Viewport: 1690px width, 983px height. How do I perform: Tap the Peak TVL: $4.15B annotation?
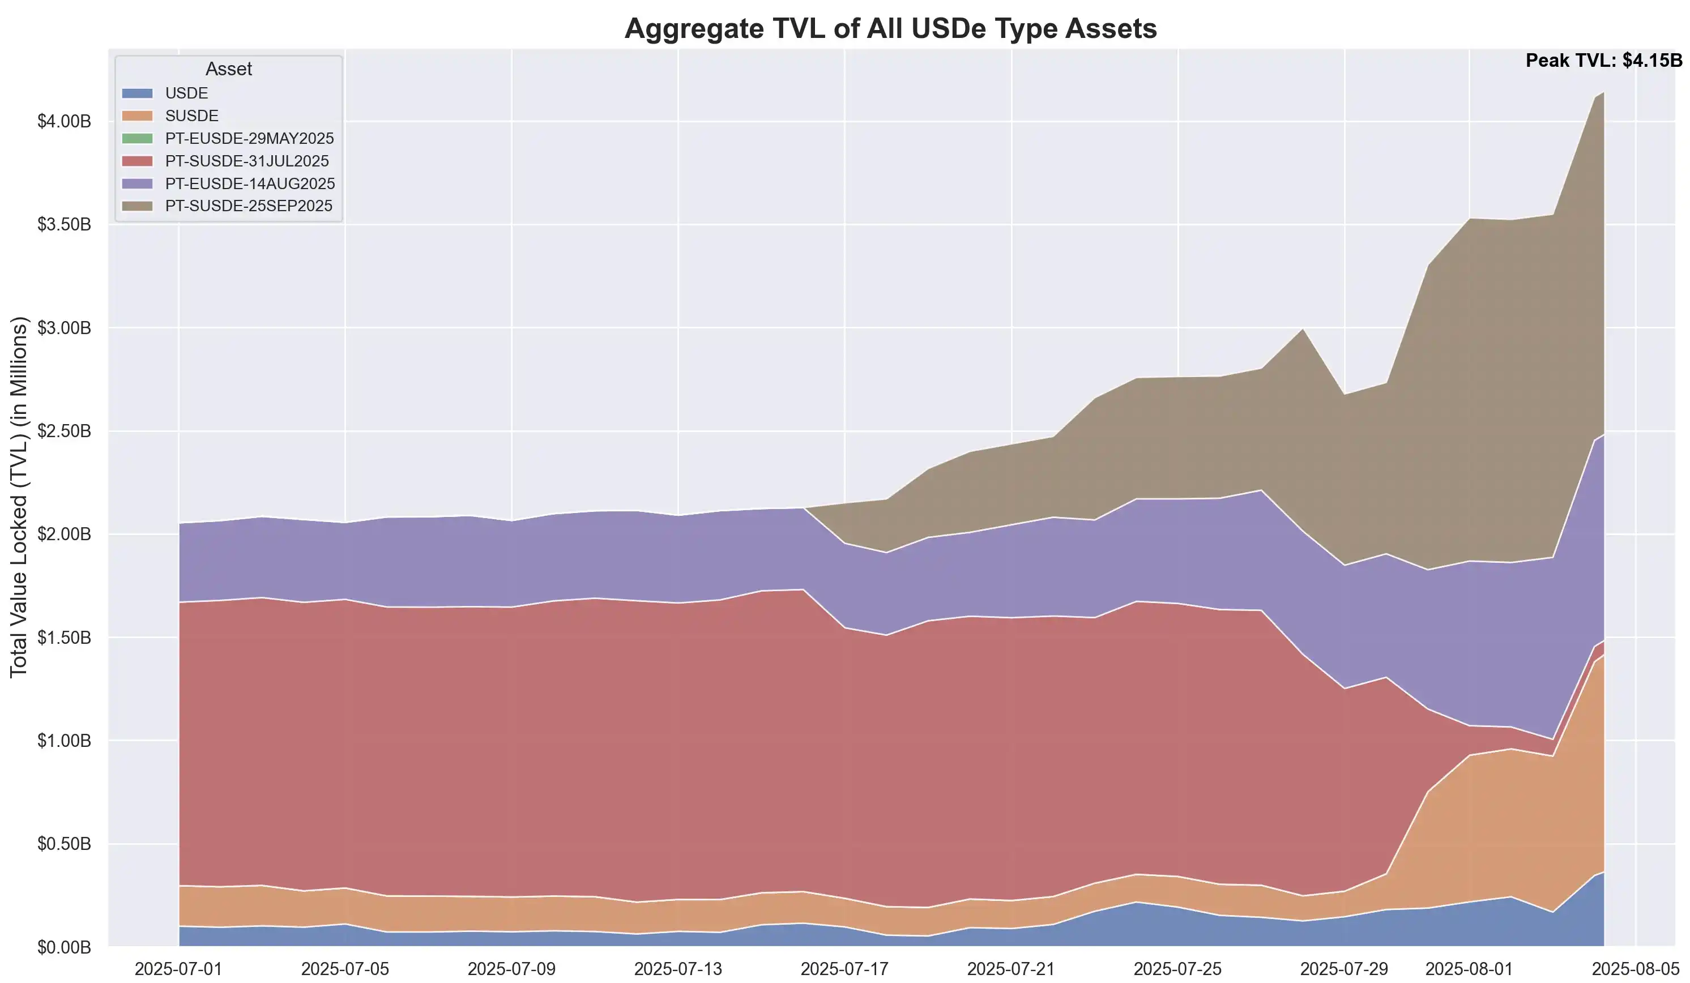[1603, 61]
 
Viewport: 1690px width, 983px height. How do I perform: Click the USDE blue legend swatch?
[138, 93]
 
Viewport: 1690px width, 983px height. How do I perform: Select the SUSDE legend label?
[192, 116]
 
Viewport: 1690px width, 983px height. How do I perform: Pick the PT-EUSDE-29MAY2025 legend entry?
[249, 139]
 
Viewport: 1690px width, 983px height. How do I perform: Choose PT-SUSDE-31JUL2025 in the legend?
[247, 161]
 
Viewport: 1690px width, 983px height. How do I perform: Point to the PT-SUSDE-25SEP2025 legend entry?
[249, 206]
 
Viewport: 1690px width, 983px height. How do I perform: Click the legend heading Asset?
[229, 69]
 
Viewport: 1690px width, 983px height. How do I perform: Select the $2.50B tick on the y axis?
[65, 431]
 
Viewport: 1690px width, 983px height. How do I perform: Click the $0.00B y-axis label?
[65, 947]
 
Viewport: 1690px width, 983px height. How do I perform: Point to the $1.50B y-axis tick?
[65, 638]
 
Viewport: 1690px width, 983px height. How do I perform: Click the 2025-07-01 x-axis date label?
[178, 969]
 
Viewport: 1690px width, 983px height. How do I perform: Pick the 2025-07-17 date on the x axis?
[844, 969]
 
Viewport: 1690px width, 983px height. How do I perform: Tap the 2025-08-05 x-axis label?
[1636, 969]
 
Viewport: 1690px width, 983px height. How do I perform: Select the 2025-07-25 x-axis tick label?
[1177, 969]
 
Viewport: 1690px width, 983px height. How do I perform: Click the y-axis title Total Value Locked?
[19, 496]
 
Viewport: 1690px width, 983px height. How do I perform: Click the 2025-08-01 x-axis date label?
[1469, 969]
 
